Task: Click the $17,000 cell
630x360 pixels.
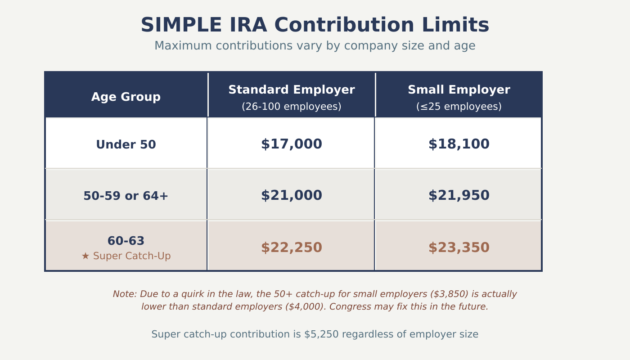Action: [x=292, y=144]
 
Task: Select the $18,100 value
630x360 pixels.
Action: [x=459, y=144]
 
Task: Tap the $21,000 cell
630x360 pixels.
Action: [x=292, y=196]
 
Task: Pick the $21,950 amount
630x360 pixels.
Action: [x=459, y=196]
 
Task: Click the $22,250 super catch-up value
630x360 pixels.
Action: [x=292, y=248]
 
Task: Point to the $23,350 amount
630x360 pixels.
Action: [x=459, y=248]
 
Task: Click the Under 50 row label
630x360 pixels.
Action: [x=126, y=145]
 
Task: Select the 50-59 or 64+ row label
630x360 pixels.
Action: [x=126, y=196]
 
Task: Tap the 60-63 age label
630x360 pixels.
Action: [x=126, y=241]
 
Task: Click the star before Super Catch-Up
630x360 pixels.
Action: [x=85, y=256]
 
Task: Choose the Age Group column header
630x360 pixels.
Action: [x=126, y=97]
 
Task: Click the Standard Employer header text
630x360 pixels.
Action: [x=292, y=90]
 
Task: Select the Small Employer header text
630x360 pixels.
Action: [x=459, y=90]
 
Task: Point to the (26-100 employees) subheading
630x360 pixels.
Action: [x=292, y=107]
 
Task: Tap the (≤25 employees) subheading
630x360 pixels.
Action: [x=459, y=107]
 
